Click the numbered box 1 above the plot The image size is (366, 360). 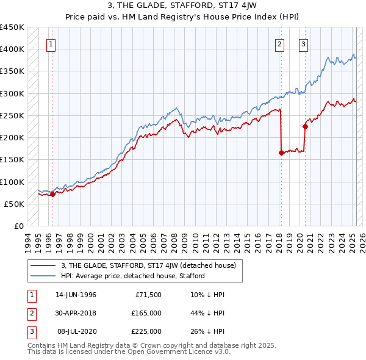pyautogui.click(x=52, y=43)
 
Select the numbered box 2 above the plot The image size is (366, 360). pyautogui.click(x=279, y=43)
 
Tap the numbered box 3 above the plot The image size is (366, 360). pyautogui.click(x=303, y=43)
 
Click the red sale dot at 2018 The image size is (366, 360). pyautogui.click(x=281, y=153)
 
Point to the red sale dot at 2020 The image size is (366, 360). pyautogui.click(x=304, y=127)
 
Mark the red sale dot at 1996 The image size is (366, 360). pyautogui.click(x=52, y=195)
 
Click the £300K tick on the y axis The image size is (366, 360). pyautogui.click(x=12, y=93)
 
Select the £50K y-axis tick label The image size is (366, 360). pyautogui.click(x=15, y=204)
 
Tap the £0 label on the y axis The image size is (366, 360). pyautogui.click(x=19, y=226)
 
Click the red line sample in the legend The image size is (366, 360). pyautogui.click(x=43, y=265)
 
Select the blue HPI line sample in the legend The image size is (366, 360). pyautogui.click(x=43, y=276)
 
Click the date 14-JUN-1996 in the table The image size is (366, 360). pyautogui.click(x=76, y=295)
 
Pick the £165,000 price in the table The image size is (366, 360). pyautogui.click(x=146, y=313)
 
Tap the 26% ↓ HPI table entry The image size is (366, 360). pyautogui.click(x=207, y=331)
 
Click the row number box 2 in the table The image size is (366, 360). pyautogui.click(x=30, y=313)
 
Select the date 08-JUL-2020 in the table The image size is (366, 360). pyautogui.click(x=76, y=331)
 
